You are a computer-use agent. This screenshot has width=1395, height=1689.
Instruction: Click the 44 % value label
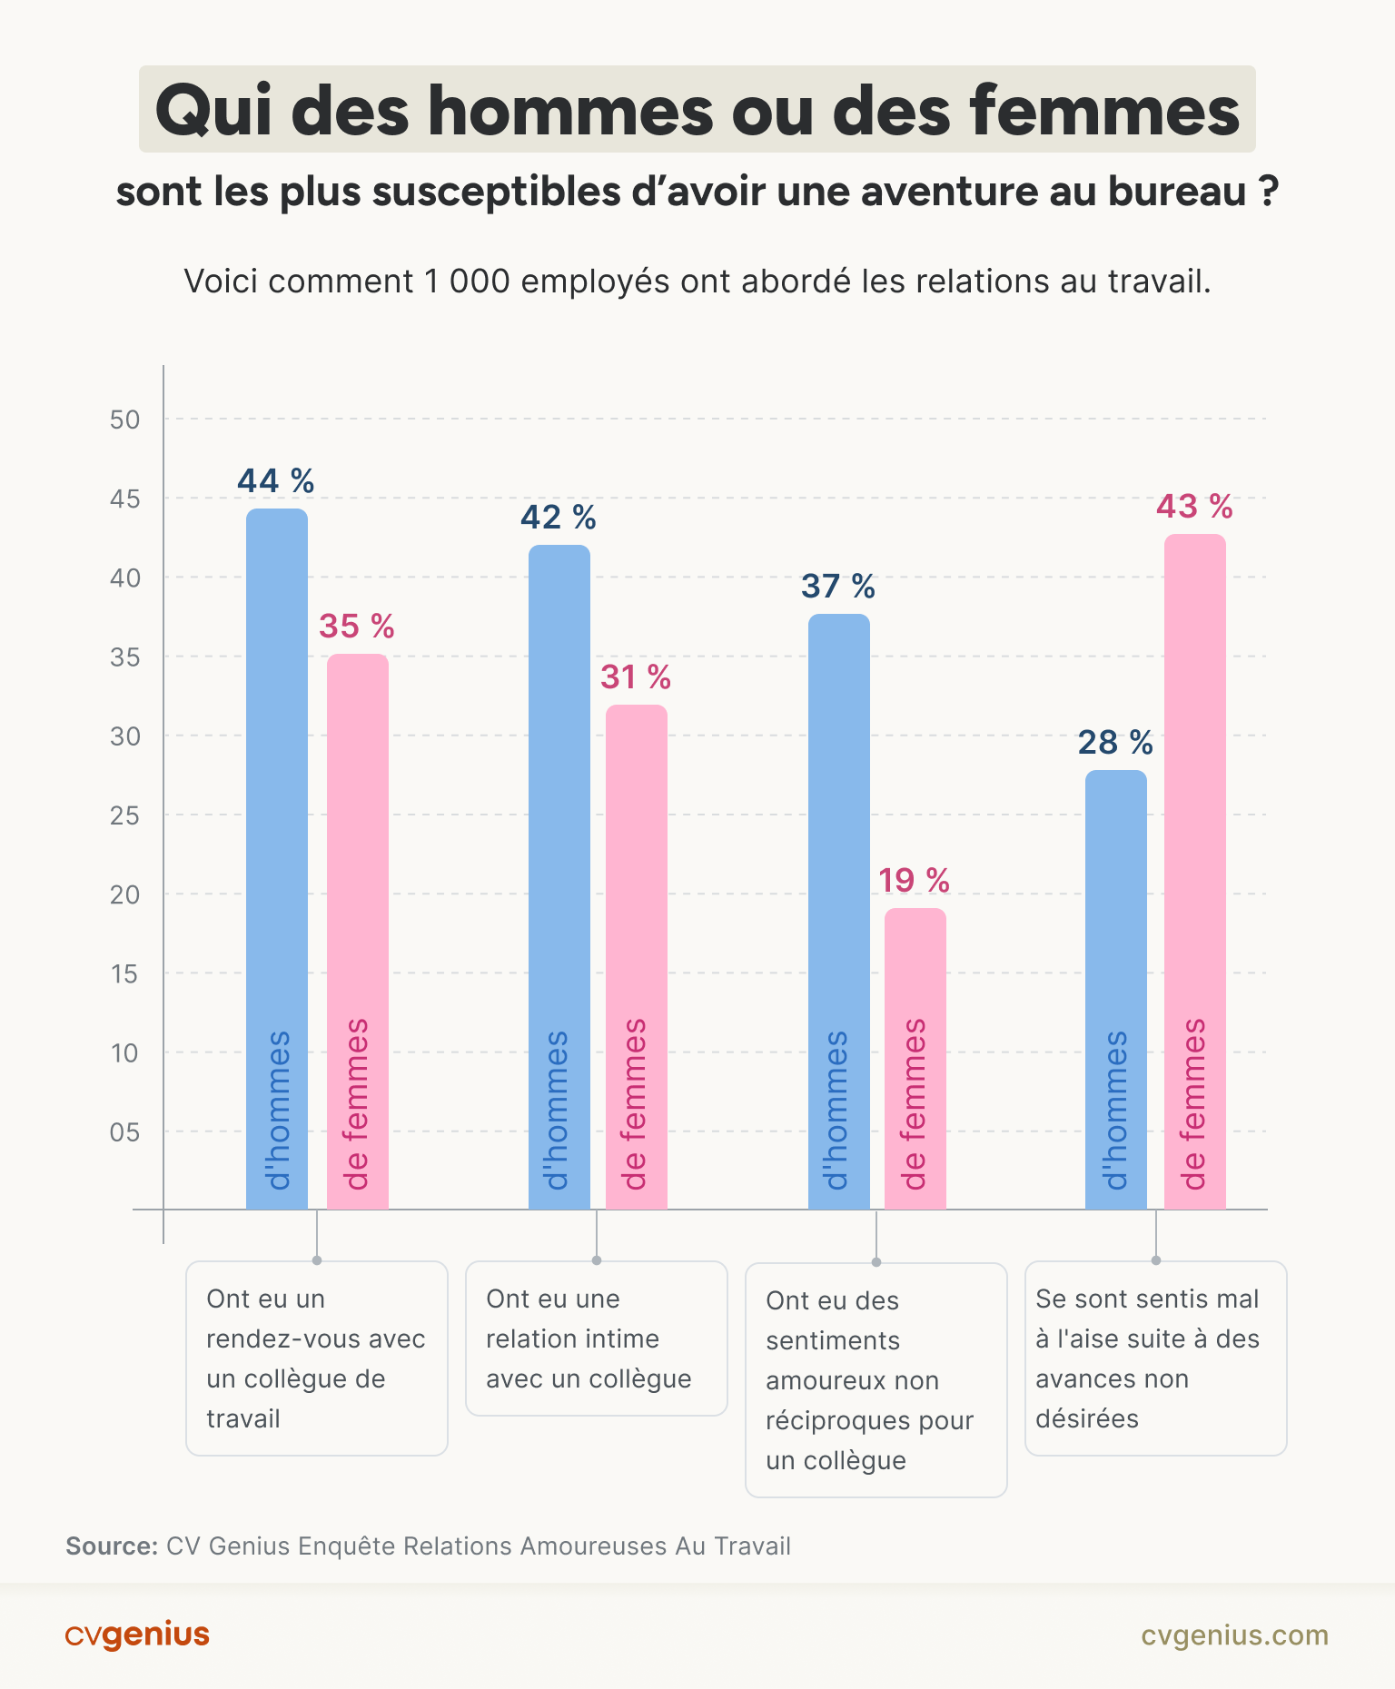click(275, 481)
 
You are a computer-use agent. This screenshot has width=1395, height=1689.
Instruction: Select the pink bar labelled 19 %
click(915, 1058)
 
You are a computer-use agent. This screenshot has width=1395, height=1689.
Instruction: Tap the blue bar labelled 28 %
click(1116, 990)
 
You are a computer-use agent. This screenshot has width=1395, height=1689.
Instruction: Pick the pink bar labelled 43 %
click(1195, 872)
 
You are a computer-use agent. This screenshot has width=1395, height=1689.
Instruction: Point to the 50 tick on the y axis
click(124, 420)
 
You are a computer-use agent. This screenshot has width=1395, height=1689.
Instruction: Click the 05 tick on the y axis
click(124, 1132)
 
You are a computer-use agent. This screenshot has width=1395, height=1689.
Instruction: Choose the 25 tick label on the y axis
click(124, 815)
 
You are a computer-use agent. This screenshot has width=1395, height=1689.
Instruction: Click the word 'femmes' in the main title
click(1103, 110)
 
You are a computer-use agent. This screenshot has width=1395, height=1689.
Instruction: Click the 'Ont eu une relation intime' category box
click(597, 1338)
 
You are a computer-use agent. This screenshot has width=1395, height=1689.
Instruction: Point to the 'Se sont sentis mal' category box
click(1155, 1358)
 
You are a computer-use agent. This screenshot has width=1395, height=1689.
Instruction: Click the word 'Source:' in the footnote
click(112, 1546)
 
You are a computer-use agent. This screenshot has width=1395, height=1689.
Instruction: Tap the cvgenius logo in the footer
click(137, 1635)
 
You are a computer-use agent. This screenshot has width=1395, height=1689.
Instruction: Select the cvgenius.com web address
click(1234, 1635)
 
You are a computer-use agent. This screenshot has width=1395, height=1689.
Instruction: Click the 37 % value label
click(837, 587)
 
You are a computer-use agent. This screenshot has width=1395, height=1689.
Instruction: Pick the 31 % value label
click(635, 677)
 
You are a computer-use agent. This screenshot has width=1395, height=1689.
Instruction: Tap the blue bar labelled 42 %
click(559, 876)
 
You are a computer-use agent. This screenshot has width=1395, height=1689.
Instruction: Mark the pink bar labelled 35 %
click(358, 931)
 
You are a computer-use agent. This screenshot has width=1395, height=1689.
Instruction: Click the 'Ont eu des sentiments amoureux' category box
click(876, 1380)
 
